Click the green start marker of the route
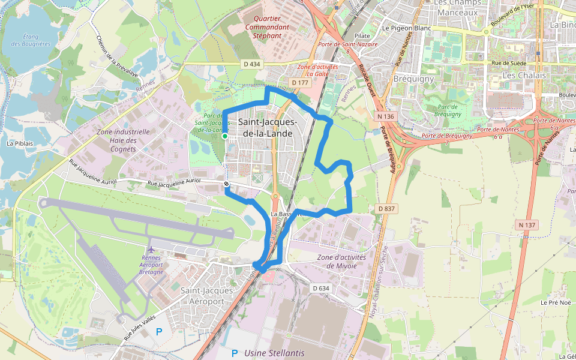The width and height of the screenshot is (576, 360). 224,137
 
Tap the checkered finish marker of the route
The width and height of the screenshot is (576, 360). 226,184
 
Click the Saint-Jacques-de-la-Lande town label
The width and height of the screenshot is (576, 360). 265,127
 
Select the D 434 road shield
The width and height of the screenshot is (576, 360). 253,64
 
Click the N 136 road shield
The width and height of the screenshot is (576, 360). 386,116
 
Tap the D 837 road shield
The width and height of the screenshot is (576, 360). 387,208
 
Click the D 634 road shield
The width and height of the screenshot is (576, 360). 321,288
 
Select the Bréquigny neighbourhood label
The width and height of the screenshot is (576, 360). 413,79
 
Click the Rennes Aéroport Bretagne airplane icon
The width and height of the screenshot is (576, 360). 151,248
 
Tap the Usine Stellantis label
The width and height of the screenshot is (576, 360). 275,353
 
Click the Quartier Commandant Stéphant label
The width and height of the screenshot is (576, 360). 267,27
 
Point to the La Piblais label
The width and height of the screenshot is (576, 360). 19,143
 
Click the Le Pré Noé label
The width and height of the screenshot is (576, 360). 554,302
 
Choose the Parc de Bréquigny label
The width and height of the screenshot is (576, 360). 448,110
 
